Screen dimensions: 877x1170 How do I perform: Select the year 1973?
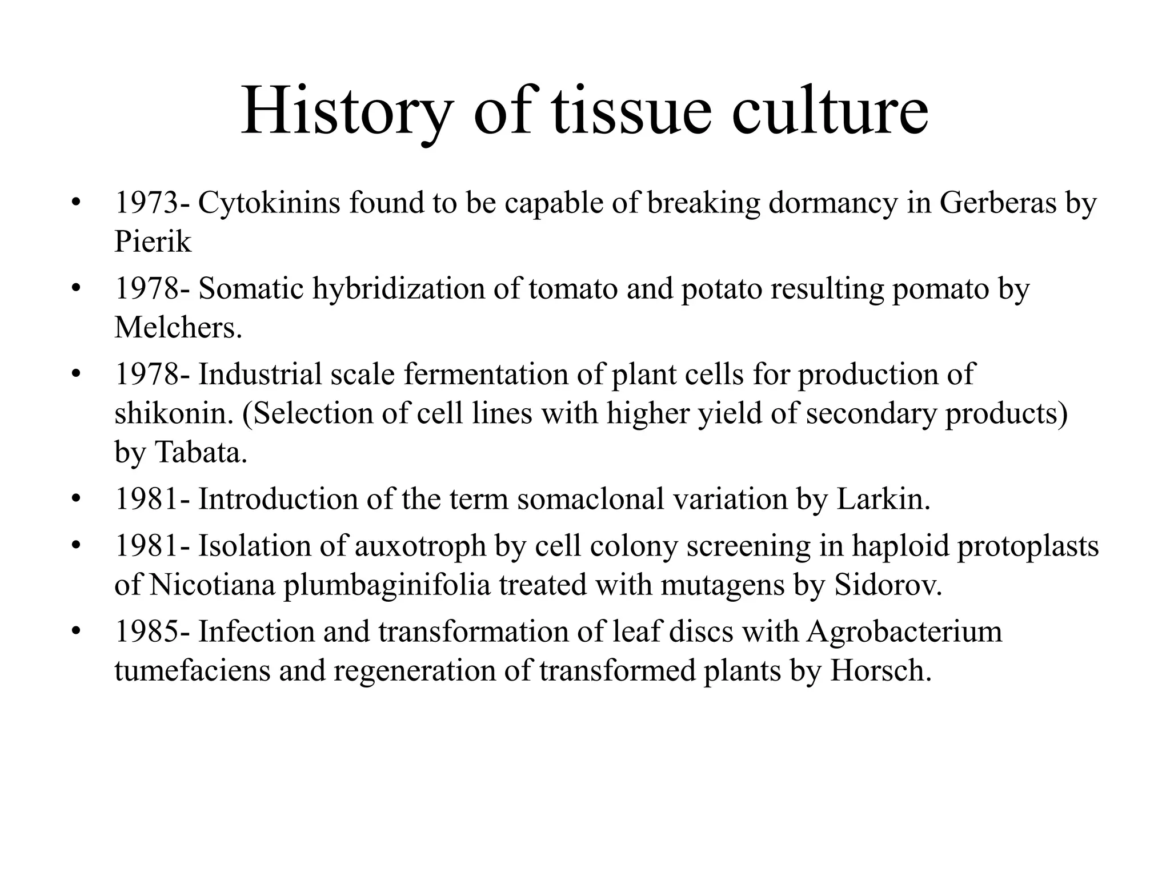point(146,203)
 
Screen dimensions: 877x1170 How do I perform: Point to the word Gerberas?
point(997,203)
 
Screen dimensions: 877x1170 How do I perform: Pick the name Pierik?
point(153,242)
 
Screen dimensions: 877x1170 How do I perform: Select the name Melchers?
point(178,328)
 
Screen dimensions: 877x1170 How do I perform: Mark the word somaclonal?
point(591,500)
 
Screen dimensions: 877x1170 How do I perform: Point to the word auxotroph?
point(420,546)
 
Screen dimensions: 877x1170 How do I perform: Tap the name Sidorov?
point(888,585)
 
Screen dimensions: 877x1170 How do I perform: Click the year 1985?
point(146,632)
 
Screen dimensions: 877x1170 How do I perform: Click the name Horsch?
point(880,671)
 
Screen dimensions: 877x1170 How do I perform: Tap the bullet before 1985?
point(76,632)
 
